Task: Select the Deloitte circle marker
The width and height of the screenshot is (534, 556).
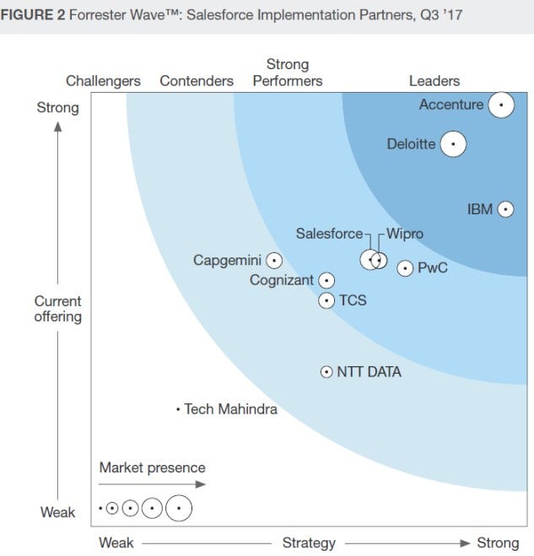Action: click(x=453, y=144)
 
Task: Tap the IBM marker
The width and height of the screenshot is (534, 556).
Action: click(x=505, y=209)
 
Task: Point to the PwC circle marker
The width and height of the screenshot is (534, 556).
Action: click(x=405, y=268)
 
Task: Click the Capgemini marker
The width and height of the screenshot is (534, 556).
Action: click(x=274, y=261)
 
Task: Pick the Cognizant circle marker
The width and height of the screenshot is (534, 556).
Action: click(x=326, y=280)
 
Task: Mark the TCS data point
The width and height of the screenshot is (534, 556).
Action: click(x=326, y=300)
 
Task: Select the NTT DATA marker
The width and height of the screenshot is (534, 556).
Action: click(x=326, y=371)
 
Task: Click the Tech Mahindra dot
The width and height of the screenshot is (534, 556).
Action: click(x=178, y=409)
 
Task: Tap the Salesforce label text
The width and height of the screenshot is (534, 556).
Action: click(x=329, y=234)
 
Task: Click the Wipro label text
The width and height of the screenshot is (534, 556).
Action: click(x=405, y=234)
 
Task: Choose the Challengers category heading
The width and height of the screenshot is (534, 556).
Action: click(x=103, y=81)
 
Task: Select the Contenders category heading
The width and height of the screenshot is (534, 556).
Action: click(x=197, y=81)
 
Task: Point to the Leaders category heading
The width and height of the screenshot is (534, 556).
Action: click(x=434, y=81)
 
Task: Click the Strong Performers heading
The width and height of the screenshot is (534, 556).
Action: click(x=288, y=73)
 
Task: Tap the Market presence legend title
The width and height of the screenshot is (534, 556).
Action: click(x=152, y=467)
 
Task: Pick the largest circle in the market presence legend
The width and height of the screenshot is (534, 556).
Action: click(x=179, y=508)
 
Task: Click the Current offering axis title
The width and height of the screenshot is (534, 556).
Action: click(x=58, y=309)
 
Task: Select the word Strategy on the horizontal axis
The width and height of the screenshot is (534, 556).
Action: click(x=309, y=543)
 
